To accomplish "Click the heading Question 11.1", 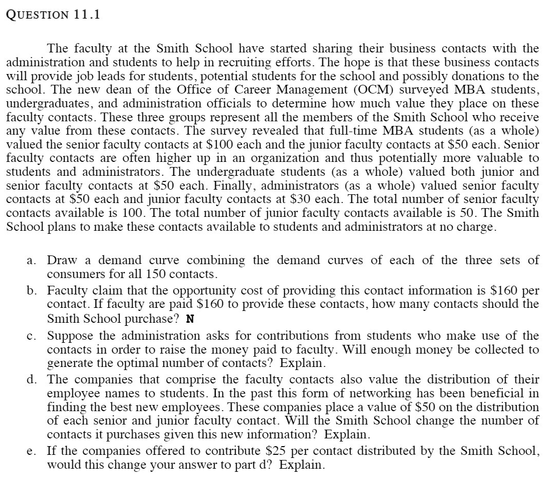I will (53, 14).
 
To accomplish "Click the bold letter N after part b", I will (190, 319).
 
